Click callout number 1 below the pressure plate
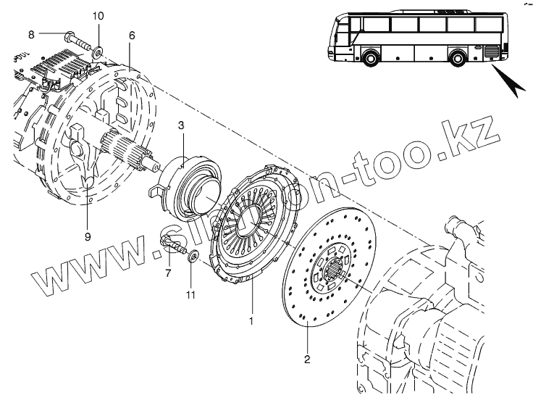click(x=251, y=319)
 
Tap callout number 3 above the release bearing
click(x=182, y=125)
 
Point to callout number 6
click(x=132, y=35)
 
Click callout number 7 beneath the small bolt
click(x=167, y=273)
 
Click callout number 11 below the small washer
click(x=191, y=294)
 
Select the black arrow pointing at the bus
click(x=511, y=85)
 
